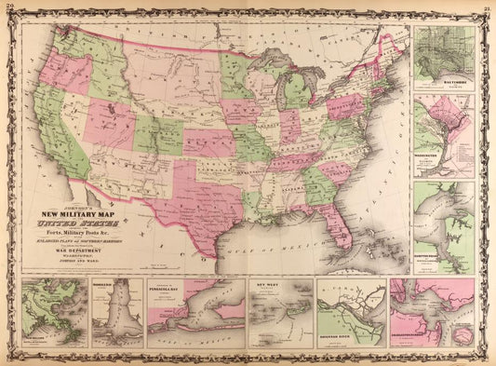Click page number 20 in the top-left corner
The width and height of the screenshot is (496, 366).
click(x=8, y=6)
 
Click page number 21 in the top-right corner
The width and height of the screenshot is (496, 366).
click(x=487, y=6)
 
